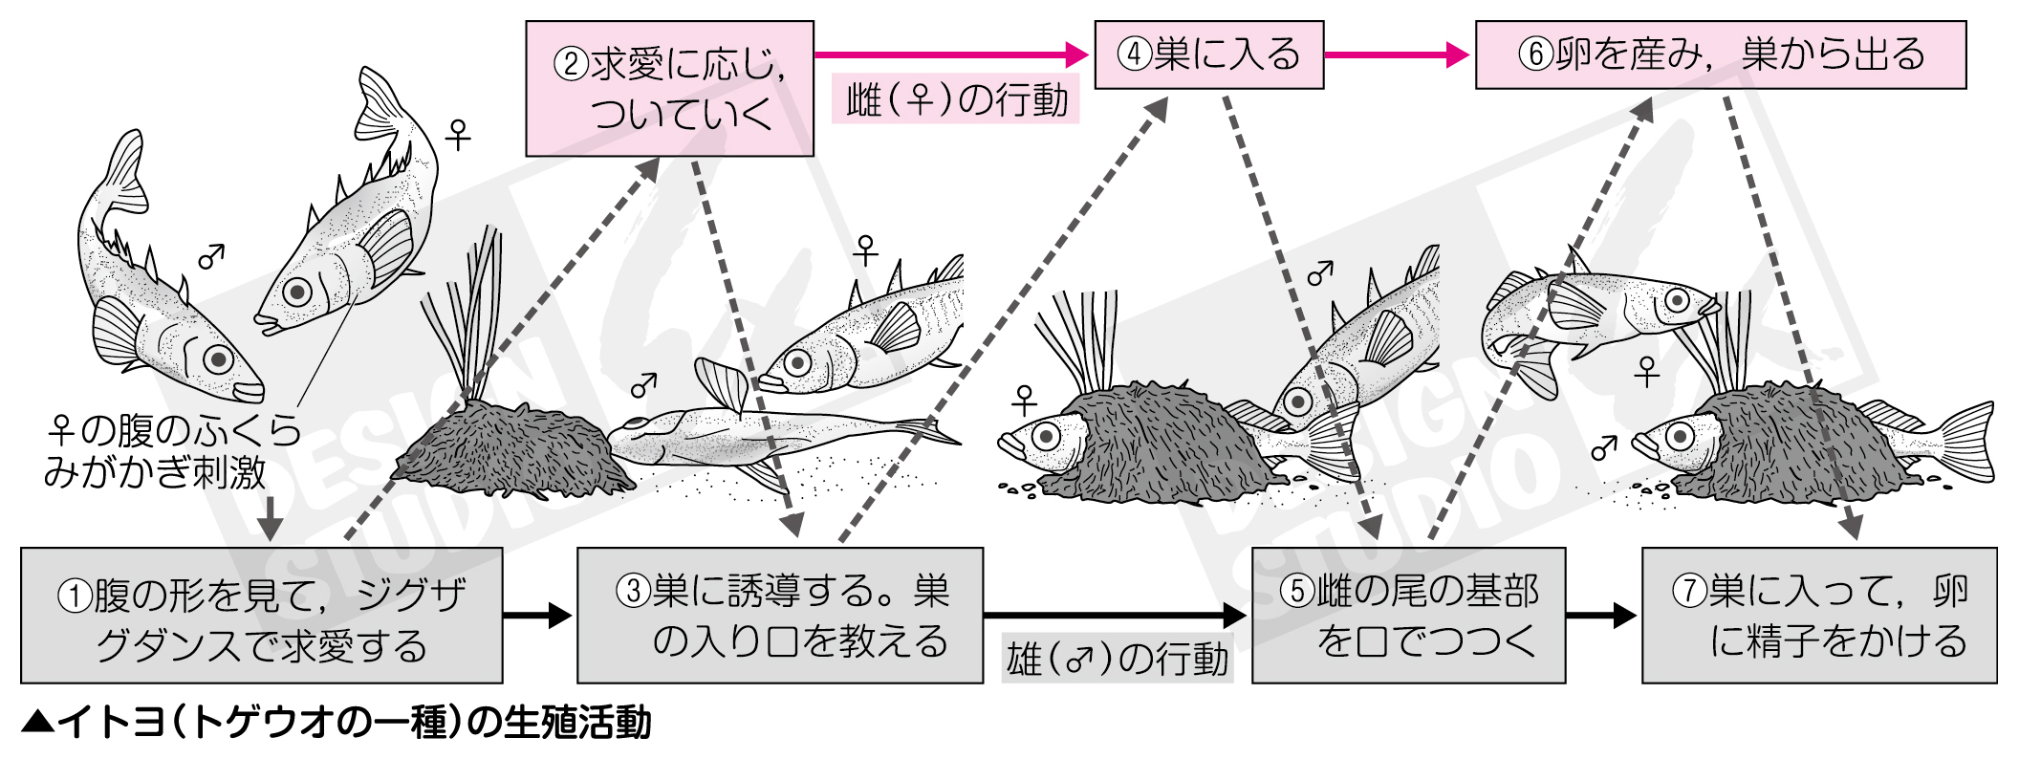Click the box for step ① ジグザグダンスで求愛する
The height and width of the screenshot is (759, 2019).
(261, 616)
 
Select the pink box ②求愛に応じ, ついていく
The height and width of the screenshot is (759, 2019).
(669, 89)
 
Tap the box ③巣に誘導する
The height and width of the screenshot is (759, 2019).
(779, 616)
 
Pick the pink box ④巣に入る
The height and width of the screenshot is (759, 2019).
(1208, 54)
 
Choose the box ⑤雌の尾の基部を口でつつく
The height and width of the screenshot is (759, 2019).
(1407, 616)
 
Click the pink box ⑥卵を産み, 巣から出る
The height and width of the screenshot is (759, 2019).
(1720, 54)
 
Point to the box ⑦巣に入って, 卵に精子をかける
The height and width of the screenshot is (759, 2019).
(1818, 616)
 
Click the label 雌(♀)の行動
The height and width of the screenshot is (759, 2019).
(956, 100)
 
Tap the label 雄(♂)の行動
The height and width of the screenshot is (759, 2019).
(1118, 659)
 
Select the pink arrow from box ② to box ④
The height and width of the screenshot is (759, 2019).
(951, 54)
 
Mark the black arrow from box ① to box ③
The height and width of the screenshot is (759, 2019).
(538, 616)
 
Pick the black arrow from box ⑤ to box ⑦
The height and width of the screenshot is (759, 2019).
(1602, 616)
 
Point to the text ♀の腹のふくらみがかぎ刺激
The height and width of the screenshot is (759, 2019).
(172, 451)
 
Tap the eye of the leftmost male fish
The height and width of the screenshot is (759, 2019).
(219, 359)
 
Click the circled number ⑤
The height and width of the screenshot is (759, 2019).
(1296, 592)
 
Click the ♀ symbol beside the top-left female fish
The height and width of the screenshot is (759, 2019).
(459, 135)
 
